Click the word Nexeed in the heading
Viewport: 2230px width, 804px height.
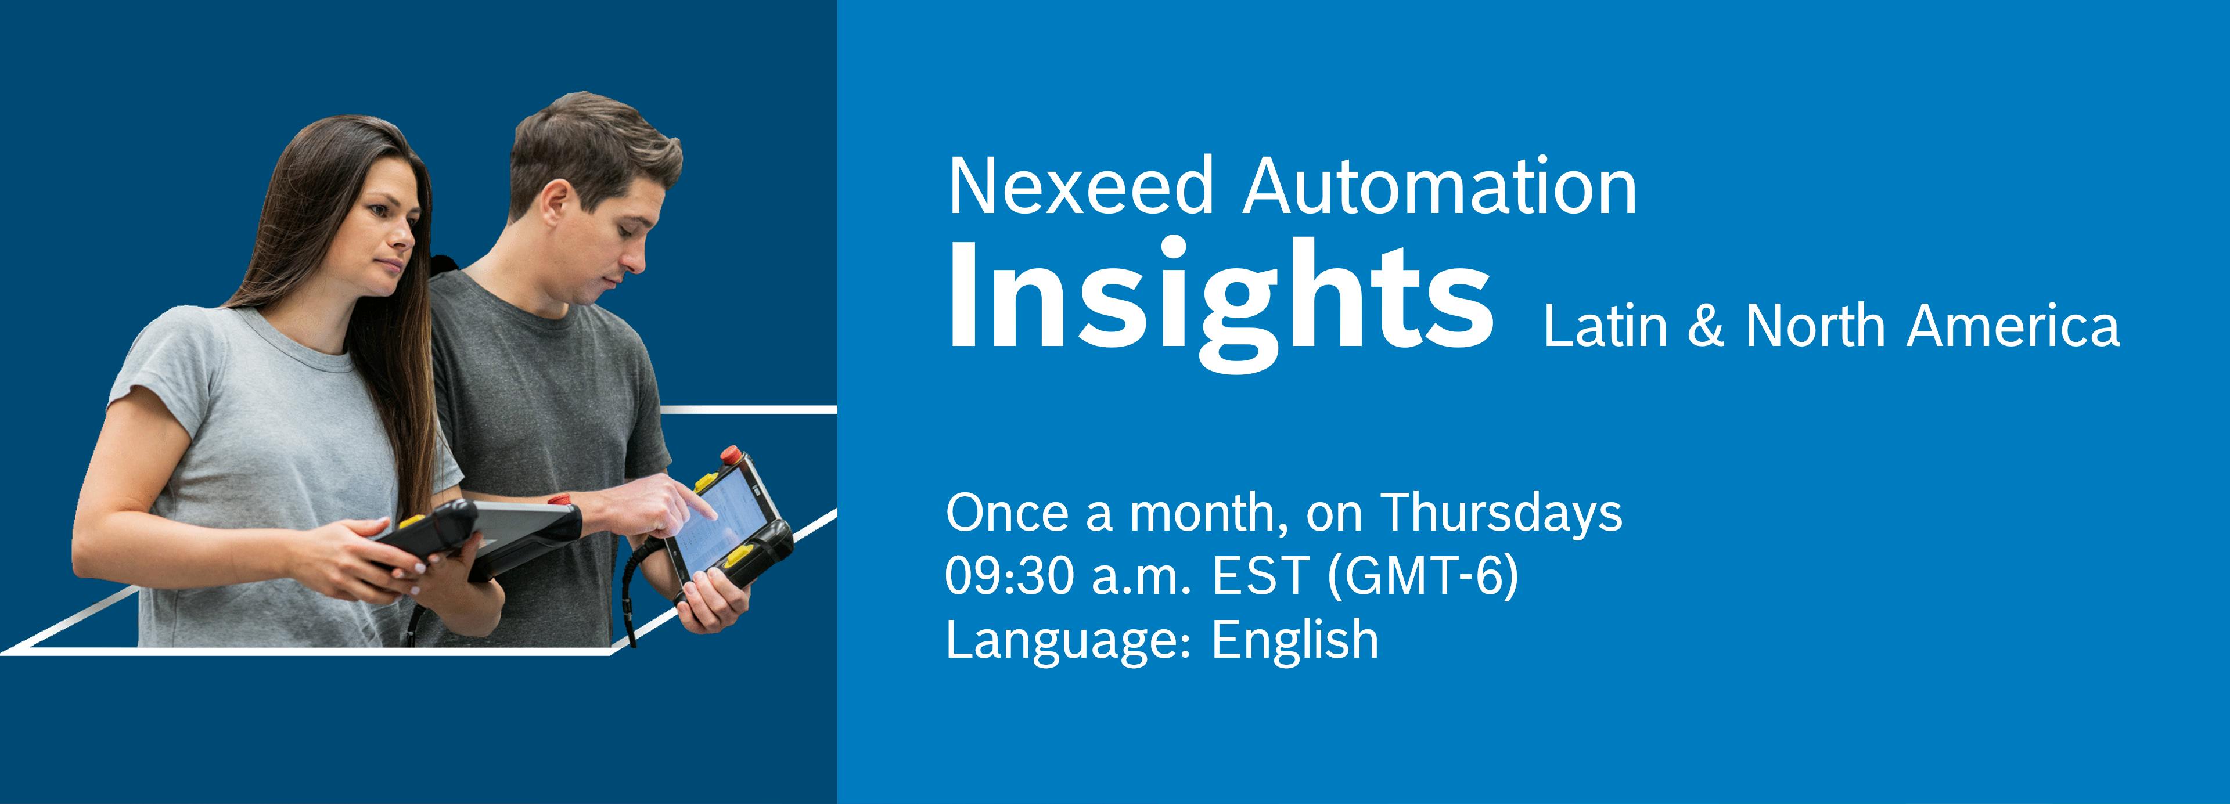point(1080,186)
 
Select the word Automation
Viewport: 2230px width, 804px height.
point(1440,186)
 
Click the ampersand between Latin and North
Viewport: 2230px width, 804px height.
point(1706,326)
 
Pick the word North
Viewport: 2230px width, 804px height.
point(1814,326)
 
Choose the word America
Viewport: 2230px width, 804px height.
point(2013,326)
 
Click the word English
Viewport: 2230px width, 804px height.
point(1295,640)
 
